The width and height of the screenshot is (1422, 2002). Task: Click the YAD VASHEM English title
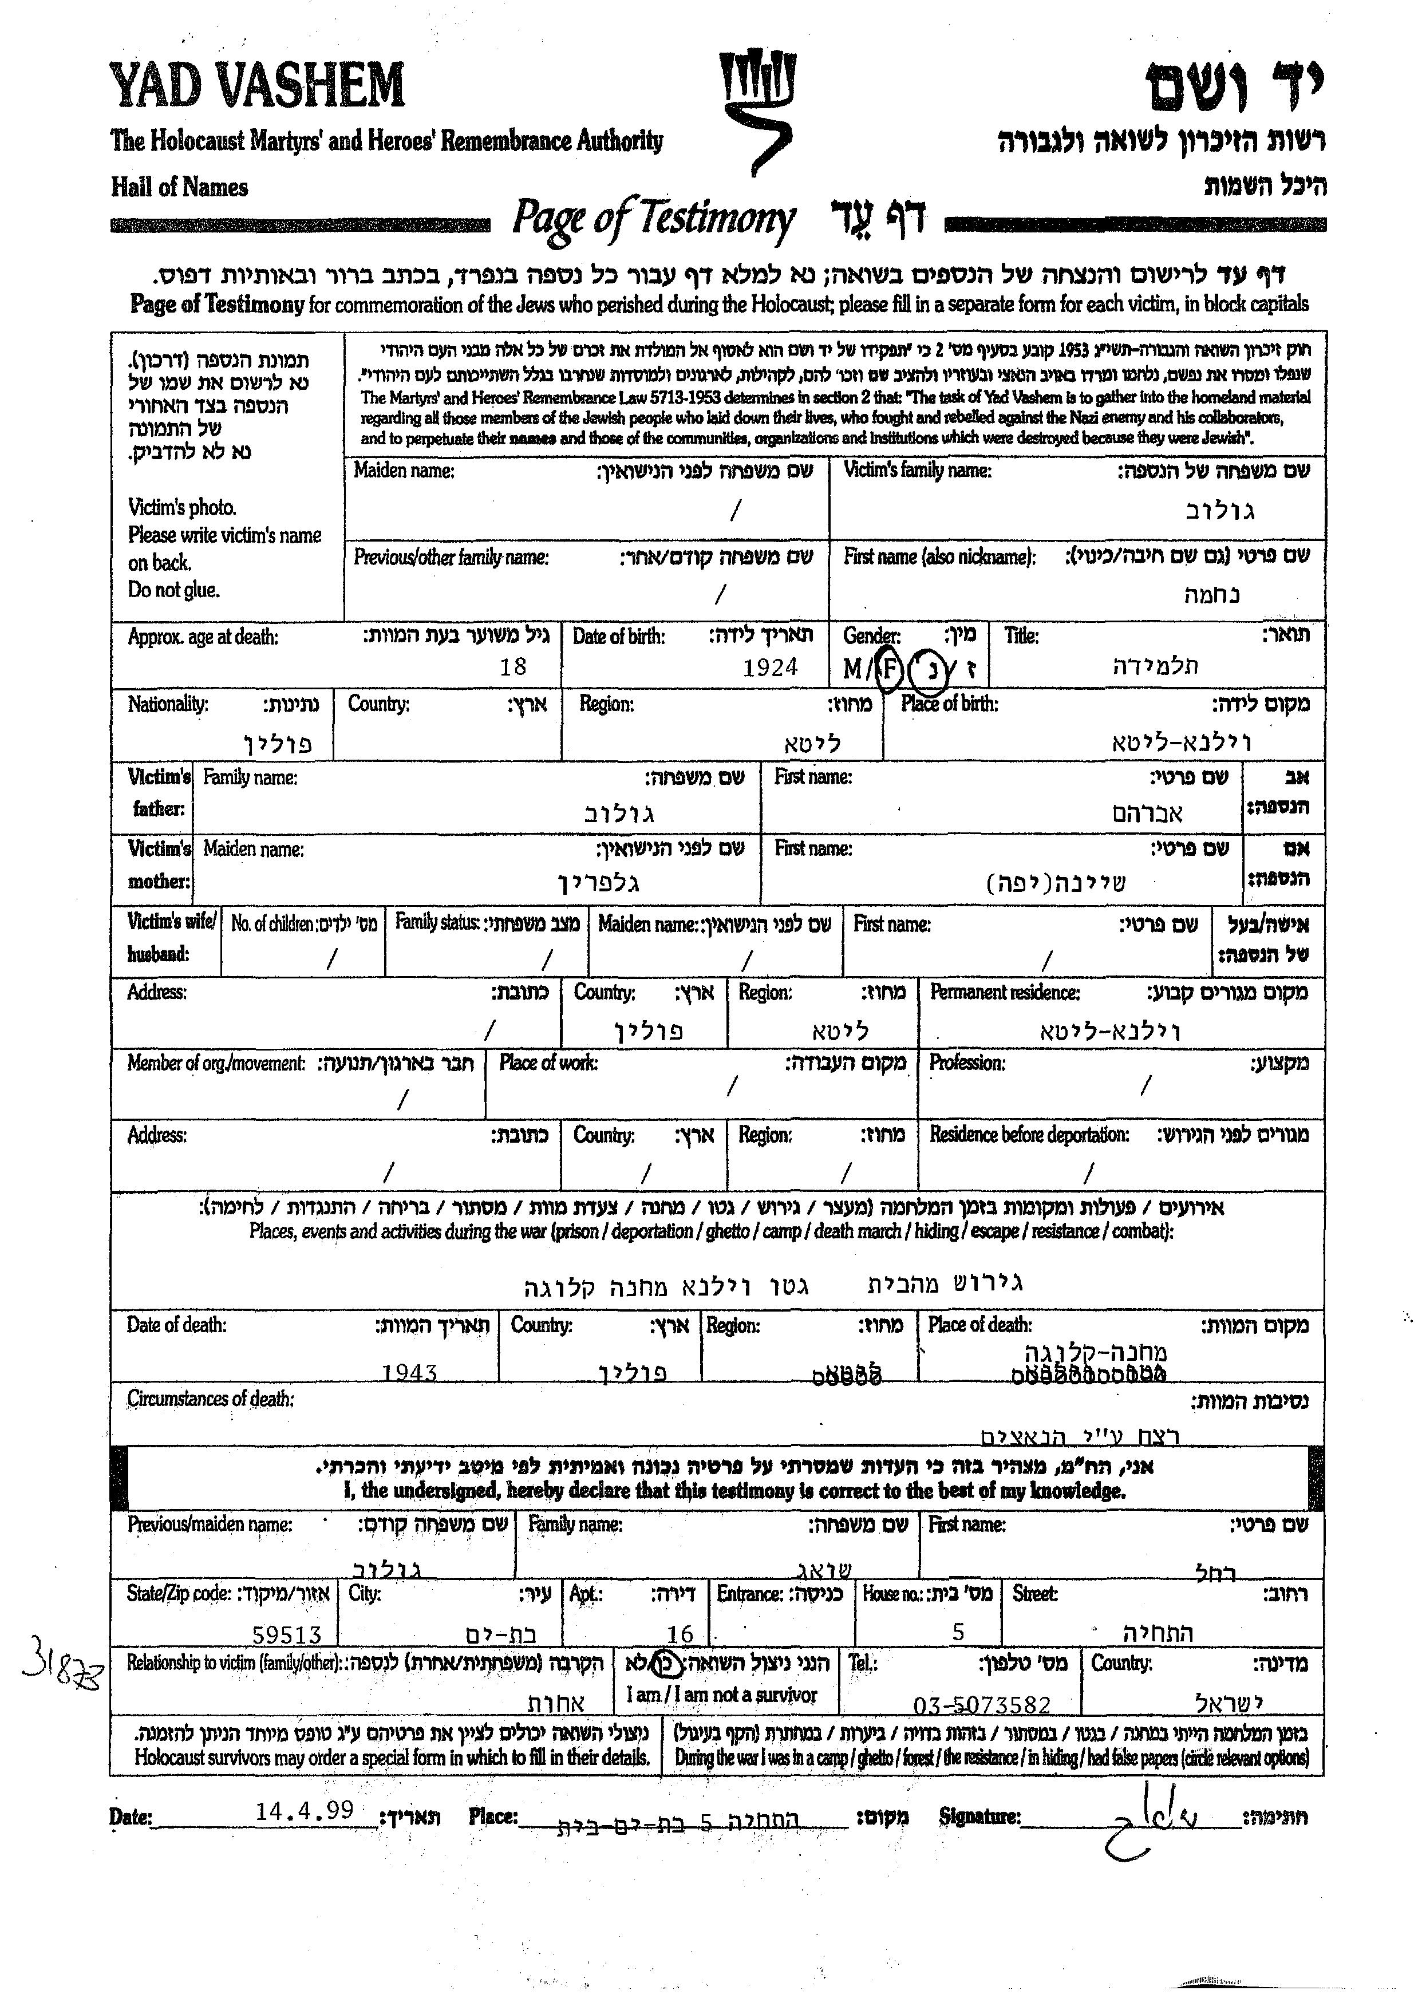click(x=256, y=86)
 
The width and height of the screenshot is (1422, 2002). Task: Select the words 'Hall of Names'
click(x=180, y=187)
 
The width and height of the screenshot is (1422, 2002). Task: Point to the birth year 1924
click(x=771, y=668)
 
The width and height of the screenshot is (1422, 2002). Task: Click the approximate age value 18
click(x=512, y=668)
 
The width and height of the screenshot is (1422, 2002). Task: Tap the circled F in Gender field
click(x=888, y=670)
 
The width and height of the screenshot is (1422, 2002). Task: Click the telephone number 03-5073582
click(x=982, y=1705)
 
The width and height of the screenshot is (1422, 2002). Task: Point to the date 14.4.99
click(x=305, y=1810)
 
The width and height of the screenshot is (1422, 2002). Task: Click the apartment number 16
click(x=680, y=1634)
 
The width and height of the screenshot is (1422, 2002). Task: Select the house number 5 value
click(x=959, y=1632)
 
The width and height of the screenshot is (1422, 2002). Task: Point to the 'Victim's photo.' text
click(x=182, y=508)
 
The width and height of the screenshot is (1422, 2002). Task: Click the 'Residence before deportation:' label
click(x=1029, y=1135)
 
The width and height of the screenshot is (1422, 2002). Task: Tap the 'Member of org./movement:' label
click(x=216, y=1063)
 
